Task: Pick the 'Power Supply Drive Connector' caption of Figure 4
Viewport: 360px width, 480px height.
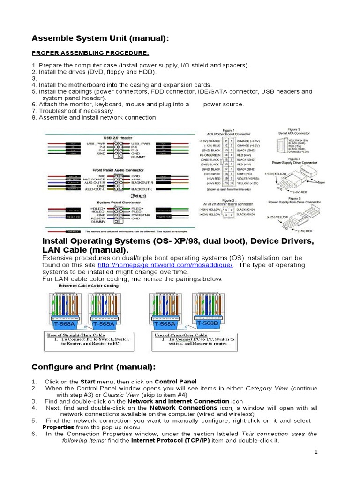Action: [295, 162]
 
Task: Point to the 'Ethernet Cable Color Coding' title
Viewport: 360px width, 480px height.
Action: [89, 285]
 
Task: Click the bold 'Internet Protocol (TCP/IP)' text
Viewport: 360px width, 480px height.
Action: [171, 441]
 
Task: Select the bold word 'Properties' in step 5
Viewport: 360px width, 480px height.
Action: [58, 427]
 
